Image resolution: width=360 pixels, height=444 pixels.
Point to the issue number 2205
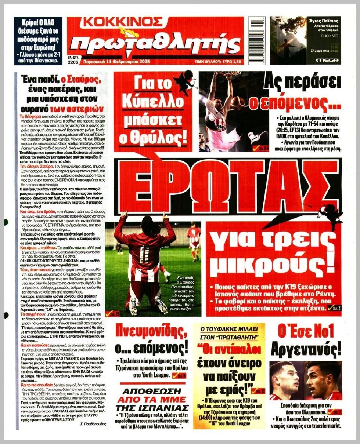73,63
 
